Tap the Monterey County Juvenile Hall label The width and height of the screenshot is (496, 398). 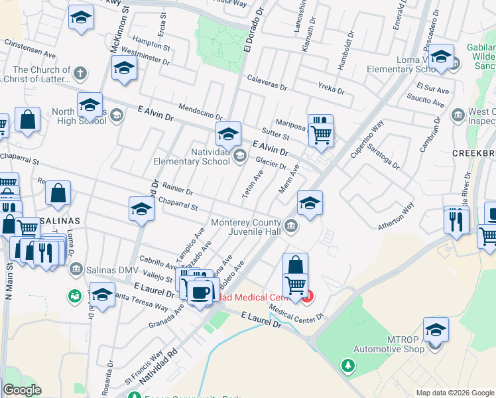click(249, 227)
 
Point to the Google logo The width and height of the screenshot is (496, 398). click(22, 390)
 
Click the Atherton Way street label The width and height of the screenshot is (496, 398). click(396, 216)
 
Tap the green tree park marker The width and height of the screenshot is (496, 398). click(347, 365)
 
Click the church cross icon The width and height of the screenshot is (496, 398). click(80, 73)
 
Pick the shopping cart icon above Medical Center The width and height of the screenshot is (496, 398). click(295, 285)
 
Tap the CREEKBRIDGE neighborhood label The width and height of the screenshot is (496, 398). click(473, 153)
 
